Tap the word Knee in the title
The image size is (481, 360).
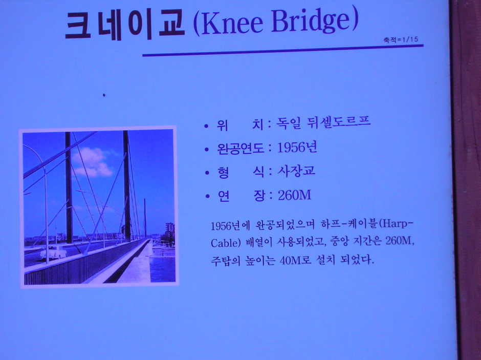(x=232, y=24)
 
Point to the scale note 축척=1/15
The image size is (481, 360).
(x=400, y=39)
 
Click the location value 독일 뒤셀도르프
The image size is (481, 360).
(x=323, y=122)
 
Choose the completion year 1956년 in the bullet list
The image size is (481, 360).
(x=297, y=147)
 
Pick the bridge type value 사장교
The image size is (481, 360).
(x=296, y=171)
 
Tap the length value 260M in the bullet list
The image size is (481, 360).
(x=294, y=195)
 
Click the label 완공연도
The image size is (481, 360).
(x=240, y=149)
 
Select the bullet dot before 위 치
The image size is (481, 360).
(x=206, y=126)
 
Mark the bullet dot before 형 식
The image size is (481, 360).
(x=207, y=173)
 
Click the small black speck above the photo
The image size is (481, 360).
(x=104, y=95)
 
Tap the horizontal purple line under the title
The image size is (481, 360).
(x=283, y=50)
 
